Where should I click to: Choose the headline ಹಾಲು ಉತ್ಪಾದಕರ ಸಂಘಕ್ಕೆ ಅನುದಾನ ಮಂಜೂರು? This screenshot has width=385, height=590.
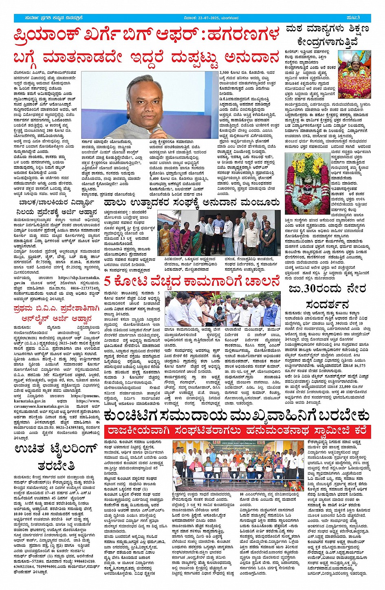coord(192,203)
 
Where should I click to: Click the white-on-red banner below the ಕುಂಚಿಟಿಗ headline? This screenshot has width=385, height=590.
coord(237,431)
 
